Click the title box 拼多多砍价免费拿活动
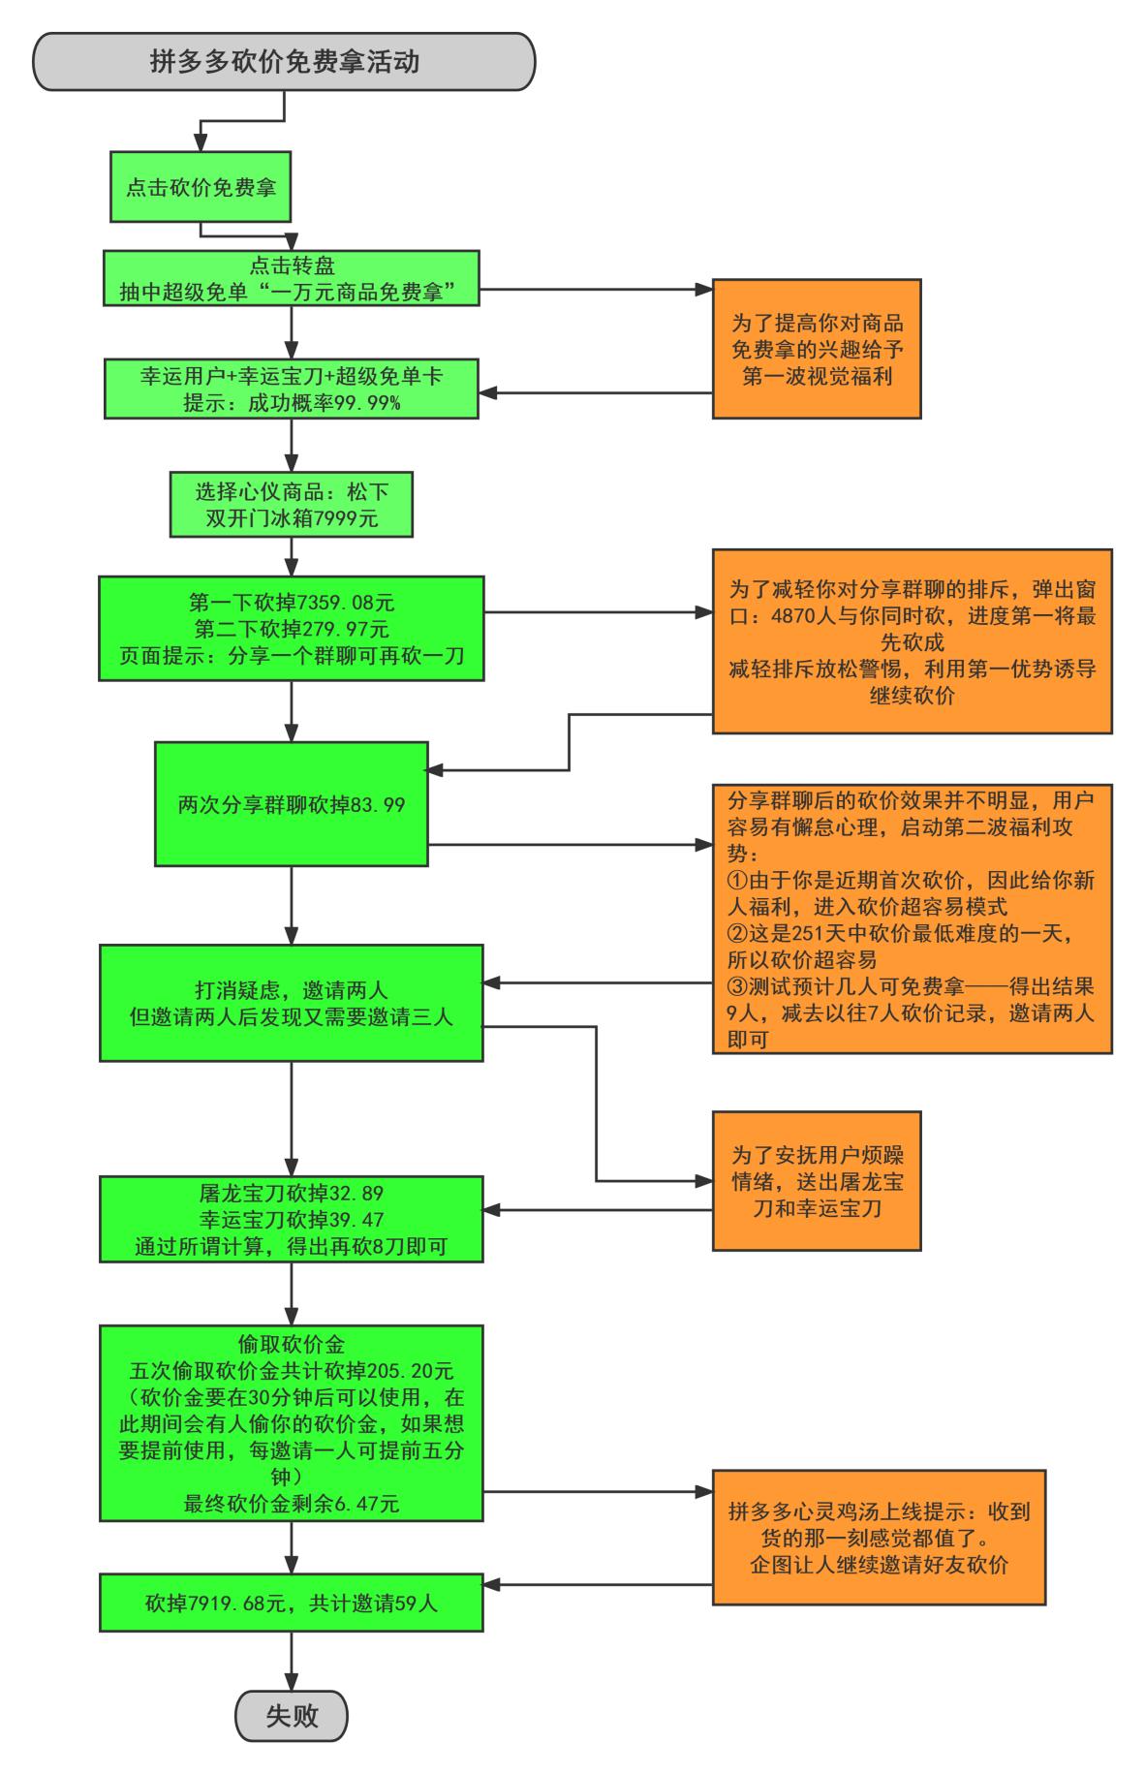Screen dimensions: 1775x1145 point(284,62)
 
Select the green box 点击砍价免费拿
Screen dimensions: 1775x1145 point(201,187)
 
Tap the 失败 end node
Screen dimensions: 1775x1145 point(291,1716)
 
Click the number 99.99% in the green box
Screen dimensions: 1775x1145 point(367,402)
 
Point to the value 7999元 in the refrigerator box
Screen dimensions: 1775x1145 point(346,518)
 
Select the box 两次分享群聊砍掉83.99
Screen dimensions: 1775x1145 point(291,803)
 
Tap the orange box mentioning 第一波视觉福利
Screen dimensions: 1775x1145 point(817,349)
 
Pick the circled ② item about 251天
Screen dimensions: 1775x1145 point(901,933)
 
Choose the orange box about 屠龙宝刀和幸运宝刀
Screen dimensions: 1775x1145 point(817,1181)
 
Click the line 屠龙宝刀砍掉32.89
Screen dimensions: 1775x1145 point(291,1193)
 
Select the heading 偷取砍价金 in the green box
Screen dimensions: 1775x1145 point(291,1344)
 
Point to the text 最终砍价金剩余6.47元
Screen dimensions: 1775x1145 point(291,1505)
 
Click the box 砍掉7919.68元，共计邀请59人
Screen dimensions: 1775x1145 point(291,1603)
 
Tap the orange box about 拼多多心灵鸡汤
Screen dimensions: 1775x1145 point(879,1538)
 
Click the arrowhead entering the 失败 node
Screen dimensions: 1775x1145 point(291,1684)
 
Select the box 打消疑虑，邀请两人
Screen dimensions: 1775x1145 point(291,1003)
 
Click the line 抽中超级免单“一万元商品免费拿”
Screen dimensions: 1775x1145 point(288,292)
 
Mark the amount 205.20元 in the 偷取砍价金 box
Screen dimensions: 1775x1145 point(411,1371)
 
